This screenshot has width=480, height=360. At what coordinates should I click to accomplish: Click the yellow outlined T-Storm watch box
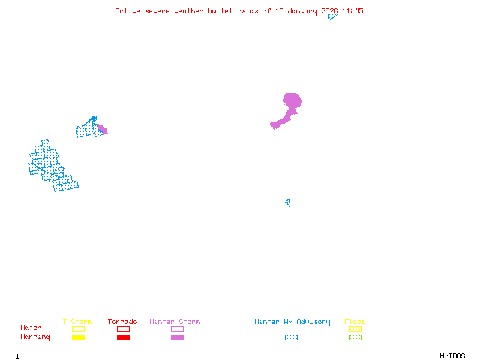[78, 329]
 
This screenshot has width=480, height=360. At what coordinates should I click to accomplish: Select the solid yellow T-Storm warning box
[78, 338]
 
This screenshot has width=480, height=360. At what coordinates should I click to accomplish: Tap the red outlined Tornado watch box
[123, 329]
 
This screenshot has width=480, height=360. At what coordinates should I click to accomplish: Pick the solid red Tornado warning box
[123, 338]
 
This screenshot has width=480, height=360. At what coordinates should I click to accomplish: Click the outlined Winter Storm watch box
[177, 329]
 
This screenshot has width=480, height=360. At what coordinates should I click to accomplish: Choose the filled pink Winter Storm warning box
[177, 338]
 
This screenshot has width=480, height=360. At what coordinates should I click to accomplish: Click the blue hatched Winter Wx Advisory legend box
[291, 338]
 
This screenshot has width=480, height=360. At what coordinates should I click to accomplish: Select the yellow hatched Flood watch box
[355, 329]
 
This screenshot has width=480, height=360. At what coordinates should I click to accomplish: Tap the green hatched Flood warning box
[355, 338]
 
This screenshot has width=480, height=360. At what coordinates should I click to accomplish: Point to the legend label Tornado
[122, 322]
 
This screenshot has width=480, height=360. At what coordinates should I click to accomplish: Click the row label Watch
[31, 328]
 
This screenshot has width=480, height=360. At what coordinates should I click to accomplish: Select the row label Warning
[35, 337]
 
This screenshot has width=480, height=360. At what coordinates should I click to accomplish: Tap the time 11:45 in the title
[353, 11]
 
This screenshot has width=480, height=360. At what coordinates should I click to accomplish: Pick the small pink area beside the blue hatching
[103, 129]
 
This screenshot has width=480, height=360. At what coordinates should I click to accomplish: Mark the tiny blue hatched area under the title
[332, 17]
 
